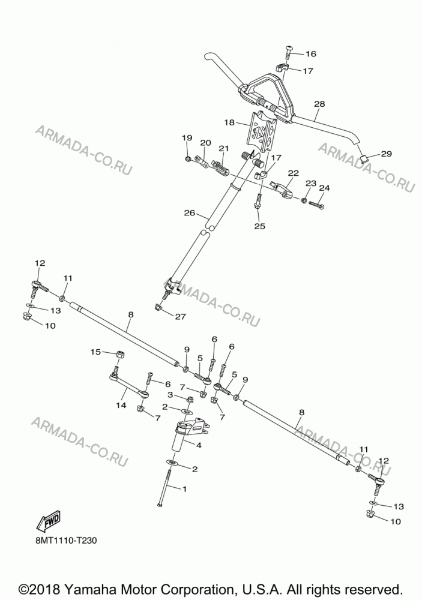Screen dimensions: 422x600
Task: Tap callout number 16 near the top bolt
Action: click(310, 53)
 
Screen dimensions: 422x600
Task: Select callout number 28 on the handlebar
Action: click(319, 104)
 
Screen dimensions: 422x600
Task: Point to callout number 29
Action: click(387, 154)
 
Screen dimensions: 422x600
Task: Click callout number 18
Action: click(229, 122)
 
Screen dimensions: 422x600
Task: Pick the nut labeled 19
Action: click(188, 158)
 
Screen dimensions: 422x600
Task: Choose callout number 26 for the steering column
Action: click(190, 213)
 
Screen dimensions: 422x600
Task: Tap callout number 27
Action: click(180, 316)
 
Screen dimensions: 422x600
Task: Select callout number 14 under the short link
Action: click(121, 405)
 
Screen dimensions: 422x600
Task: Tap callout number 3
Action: click(170, 395)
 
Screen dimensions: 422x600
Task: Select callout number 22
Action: click(294, 173)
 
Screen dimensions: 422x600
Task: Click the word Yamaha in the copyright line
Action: click(97, 589)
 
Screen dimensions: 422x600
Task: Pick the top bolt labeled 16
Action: click(289, 51)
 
